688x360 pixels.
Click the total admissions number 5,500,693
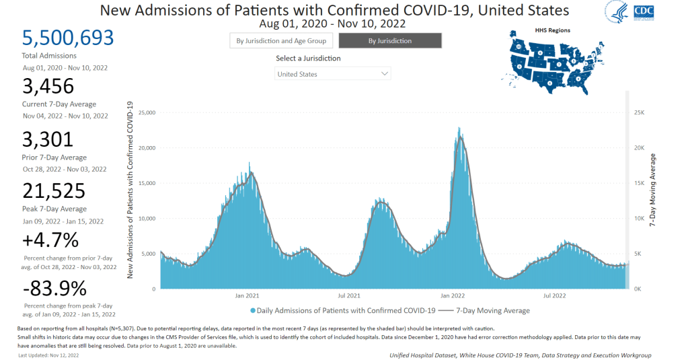coord(67,38)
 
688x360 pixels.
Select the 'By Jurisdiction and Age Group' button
coord(281,41)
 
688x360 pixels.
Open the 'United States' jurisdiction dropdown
coord(333,74)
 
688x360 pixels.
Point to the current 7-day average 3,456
coord(50,87)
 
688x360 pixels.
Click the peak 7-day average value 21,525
coord(56,191)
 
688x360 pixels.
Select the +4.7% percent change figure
coord(50,240)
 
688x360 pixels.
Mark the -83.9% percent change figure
coord(54,290)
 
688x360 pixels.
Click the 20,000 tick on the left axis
coord(146,148)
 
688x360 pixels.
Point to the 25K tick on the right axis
coord(640,112)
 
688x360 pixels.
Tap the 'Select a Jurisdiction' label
coord(308,59)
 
